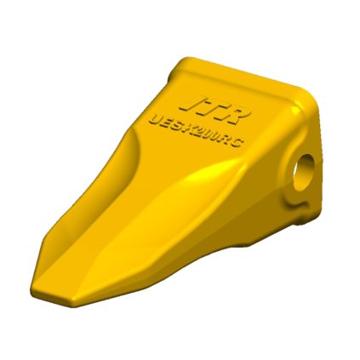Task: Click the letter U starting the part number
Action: point(155,119)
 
